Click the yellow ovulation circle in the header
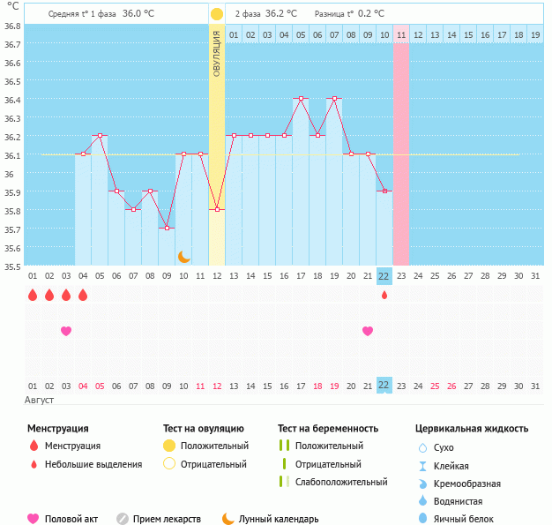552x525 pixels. click(x=217, y=14)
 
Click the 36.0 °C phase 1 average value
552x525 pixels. click(x=138, y=14)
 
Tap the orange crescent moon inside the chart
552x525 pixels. click(x=183, y=257)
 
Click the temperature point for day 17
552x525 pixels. click(x=301, y=98)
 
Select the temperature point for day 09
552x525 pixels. click(x=167, y=228)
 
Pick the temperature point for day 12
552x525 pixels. click(x=217, y=209)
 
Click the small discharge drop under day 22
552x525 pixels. click(x=384, y=295)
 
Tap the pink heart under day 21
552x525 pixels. click(x=368, y=331)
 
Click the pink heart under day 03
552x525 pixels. click(x=65, y=331)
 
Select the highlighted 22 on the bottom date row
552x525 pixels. click(x=384, y=386)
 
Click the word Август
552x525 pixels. click(x=40, y=400)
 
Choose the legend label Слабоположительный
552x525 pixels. click(x=341, y=482)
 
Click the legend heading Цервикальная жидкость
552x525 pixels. click(x=472, y=429)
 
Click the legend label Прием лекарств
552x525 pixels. click(x=167, y=519)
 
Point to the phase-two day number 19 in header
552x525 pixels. click(x=535, y=35)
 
